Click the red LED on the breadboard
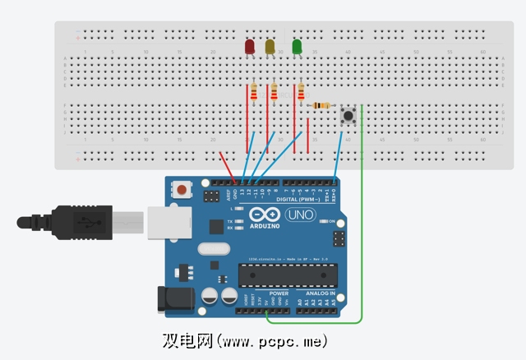click(x=250, y=48)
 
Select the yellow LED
click(x=270, y=48)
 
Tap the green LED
click(x=298, y=47)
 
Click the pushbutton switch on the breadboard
click(x=348, y=116)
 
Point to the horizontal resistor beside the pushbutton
click(x=321, y=105)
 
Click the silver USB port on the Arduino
click(x=166, y=223)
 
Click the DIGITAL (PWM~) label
click(x=297, y=200)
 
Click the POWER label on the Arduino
click(x=279, y=292)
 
